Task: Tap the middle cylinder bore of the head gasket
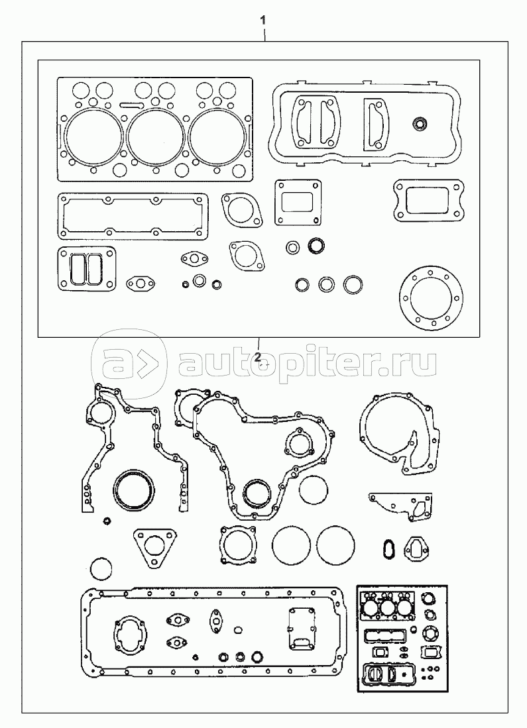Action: [x=156, y=135]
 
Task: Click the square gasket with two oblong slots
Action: [x=83, y=269]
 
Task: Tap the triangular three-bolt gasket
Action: [x=158, y=547]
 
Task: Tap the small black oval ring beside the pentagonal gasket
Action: [x=389, y=547]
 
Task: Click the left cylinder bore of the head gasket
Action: [x=93, y=135]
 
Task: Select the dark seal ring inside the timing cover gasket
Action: [x=255, y=492]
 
